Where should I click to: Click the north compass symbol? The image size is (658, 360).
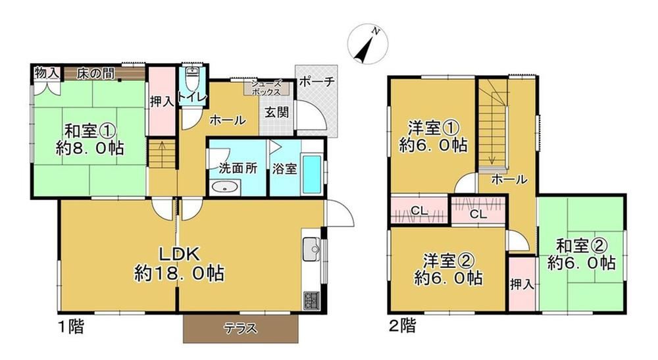tap(368, 44)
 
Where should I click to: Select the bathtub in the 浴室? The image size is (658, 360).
tap(312, 174)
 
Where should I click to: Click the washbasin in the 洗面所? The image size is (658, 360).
tap(225, 187)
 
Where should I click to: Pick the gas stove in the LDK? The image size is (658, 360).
tap(311, 301)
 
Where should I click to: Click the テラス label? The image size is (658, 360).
tap(240, 328)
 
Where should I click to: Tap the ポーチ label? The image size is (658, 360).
tap(317, 82)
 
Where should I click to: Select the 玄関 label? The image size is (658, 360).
tap(276, 112)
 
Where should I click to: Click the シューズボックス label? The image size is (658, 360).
tap(266, 88)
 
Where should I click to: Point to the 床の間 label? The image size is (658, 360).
tap(95, 74)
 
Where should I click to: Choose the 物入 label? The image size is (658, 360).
tap(47, 73)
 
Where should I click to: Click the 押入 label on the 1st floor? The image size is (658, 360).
tap(162, 101)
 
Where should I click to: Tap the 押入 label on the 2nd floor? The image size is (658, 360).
tap(522, 285)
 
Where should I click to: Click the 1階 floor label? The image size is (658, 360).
tap(70, 326)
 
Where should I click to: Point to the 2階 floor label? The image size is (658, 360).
tap(403, 326)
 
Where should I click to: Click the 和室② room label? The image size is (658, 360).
tap(581, 246)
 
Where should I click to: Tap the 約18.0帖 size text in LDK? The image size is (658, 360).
tap(179, 274)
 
